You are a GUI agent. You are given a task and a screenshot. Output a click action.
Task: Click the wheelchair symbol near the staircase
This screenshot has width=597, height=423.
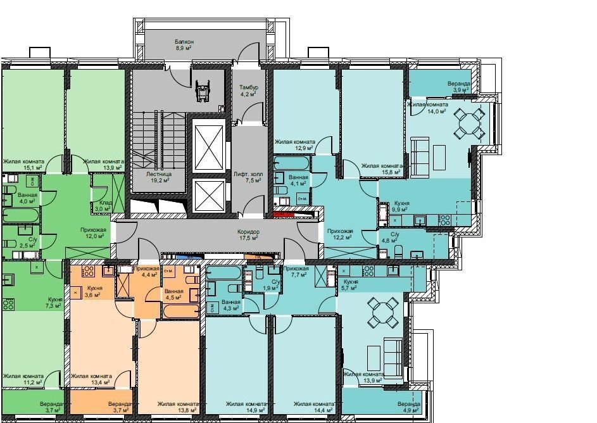pyautogui.click(x=203, y=90)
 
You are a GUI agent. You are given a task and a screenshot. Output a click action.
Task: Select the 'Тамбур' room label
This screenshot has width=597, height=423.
pyautogui.click(x=249, y=87)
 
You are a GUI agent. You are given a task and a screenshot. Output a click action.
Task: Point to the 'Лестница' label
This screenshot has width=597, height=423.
pyautogui.click(x=159, y=174)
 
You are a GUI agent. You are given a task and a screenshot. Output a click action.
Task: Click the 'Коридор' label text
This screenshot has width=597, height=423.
pyautogui.click(x=248, y=232)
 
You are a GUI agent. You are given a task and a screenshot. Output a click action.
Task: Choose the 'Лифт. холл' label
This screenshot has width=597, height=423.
pyautogui.click(x=248, y=174)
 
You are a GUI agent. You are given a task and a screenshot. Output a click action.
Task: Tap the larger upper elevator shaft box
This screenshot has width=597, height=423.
pyautogui.click(x=209, y=146)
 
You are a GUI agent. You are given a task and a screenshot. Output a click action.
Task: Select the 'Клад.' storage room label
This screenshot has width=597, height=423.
pyautogui.click(x=106, y=203)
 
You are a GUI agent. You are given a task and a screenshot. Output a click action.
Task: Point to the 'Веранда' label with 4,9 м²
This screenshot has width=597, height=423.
pyautogui.click(x=408, y=403)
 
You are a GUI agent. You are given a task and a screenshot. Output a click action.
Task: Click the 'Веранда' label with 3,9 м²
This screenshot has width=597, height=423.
pyautogui.click(x=459, y=84)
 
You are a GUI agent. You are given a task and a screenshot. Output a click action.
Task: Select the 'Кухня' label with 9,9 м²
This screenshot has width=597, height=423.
pyautogui.click(x=401, y=203)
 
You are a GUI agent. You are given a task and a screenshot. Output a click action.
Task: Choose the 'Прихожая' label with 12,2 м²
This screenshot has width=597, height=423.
pyautogui.click(x=341, y=230)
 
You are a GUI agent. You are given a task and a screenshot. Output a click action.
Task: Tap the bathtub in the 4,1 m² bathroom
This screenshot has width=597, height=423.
pyautogui.click(x=292, y=163)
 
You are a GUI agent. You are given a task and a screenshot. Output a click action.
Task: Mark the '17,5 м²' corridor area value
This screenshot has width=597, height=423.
pyautogui.click(x=249, y=237)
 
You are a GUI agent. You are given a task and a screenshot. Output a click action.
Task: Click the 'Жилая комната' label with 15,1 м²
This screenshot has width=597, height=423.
pyautogui.click(x=23, y=161)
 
